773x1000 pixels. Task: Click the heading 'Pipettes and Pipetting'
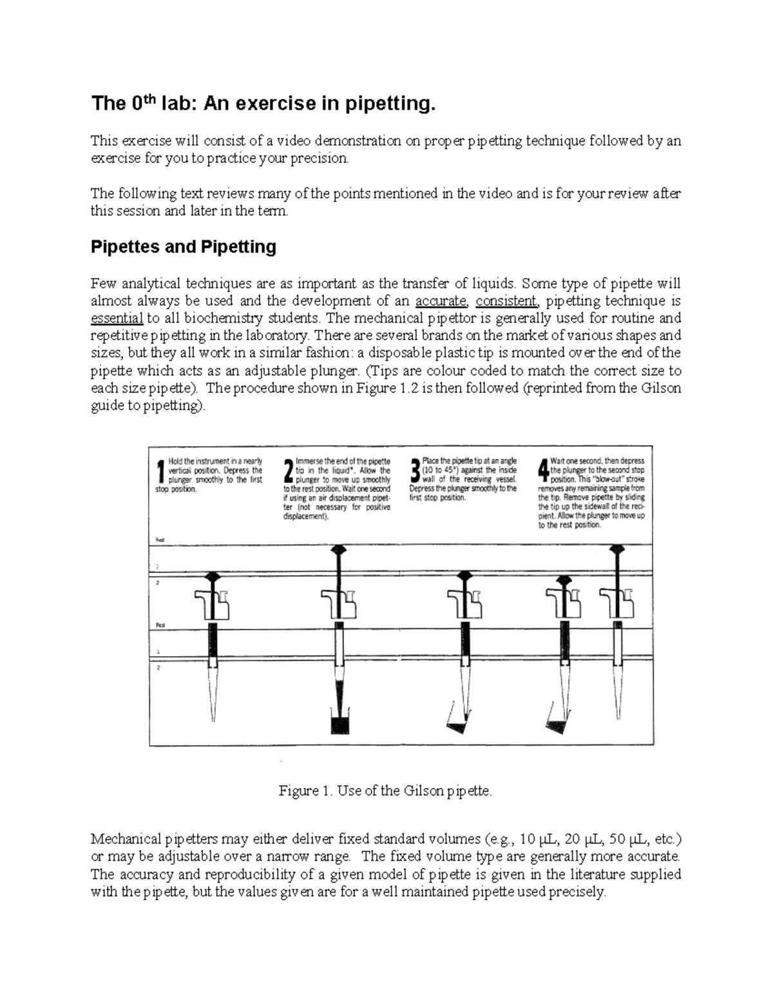point(184,247)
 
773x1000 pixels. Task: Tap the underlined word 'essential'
point(117,318)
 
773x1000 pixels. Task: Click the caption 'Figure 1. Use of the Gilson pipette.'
point(385,791)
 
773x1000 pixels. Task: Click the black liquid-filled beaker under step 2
point(339,722)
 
